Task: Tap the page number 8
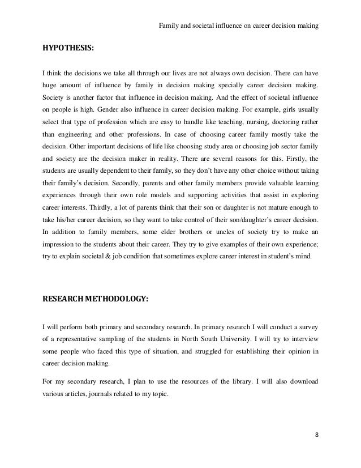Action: pos(316,435)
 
